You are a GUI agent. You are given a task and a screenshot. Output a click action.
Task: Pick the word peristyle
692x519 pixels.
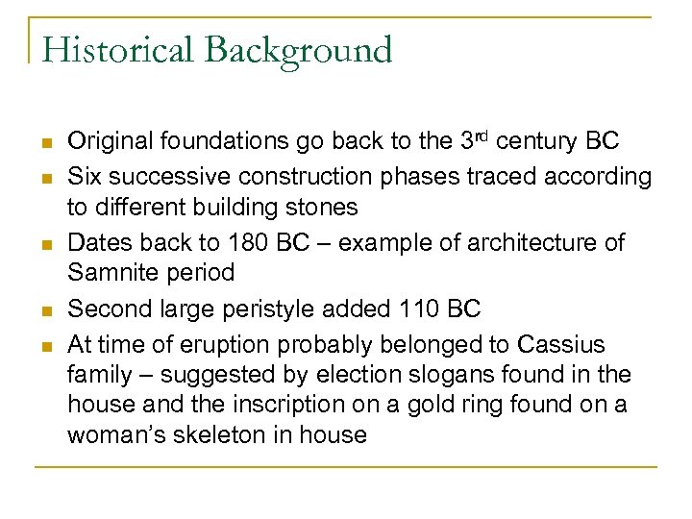click(298, 309)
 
